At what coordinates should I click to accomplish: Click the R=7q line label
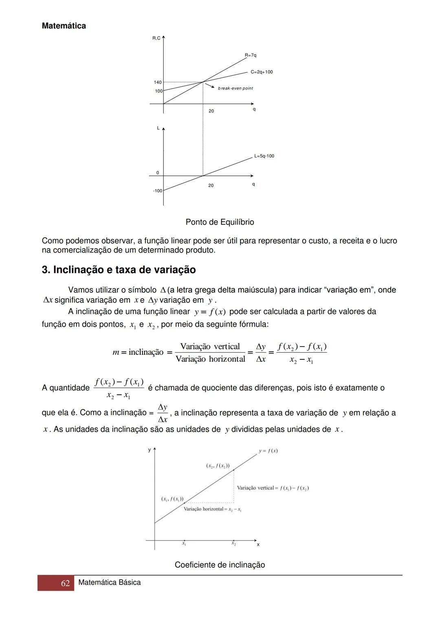click(x=251, y=55)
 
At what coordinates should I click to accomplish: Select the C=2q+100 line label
click(x=262, y=72)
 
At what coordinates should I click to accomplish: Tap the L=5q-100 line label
click(x=264, y=156)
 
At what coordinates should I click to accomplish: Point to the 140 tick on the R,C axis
click(x=158, y=82)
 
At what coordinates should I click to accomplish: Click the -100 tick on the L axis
click(x=157, y=191)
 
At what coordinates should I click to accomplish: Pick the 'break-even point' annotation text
click(x=235, y=88)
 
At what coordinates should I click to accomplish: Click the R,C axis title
click(x=156, y=38)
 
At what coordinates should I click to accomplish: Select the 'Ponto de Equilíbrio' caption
click(x=220, y=222)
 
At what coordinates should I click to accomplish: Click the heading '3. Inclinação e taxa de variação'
click(x=119, y=270)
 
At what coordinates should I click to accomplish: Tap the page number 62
click(x=65, y=583)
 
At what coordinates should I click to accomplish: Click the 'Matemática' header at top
click(x=64, y=26)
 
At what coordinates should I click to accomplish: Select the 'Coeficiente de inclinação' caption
click(x=220, y=565)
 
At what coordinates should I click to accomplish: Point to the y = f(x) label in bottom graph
click(x=268, y=451)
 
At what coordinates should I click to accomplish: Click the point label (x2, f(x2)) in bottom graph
click(x=218, y=466)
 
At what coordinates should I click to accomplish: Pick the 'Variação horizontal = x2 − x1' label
click(x=212, y=509)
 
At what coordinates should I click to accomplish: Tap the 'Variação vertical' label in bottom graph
click(x=273, y=488)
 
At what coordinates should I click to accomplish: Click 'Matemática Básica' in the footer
click(x=109, y=582)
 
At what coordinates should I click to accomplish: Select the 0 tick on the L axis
click(x=158, y=173)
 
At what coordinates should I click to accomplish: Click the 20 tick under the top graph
click(x=211, y=111)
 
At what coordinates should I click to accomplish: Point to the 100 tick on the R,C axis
click(x=158, y=91)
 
